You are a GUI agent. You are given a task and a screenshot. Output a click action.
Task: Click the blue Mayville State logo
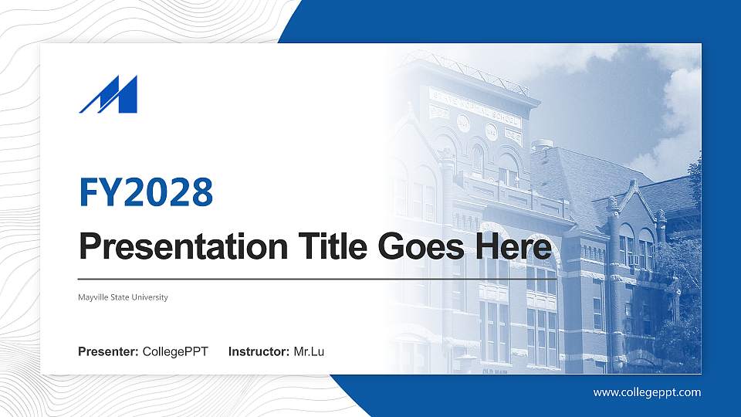108,95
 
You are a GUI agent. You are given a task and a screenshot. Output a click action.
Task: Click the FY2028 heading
146,192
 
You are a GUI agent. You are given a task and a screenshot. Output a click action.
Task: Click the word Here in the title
514,247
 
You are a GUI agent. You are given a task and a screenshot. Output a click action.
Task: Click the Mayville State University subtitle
123,297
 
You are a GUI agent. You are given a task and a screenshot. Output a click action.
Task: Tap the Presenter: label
108,352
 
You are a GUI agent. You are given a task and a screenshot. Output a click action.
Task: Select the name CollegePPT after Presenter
175,352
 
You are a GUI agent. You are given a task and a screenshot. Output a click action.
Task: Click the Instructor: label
259,352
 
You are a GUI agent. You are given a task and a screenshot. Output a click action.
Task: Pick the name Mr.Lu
309,352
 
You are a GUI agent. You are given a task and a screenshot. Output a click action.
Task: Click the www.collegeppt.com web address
647,392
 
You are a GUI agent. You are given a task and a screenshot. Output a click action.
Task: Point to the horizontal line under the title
316,279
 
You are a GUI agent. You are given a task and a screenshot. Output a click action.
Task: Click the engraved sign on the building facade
475,107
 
